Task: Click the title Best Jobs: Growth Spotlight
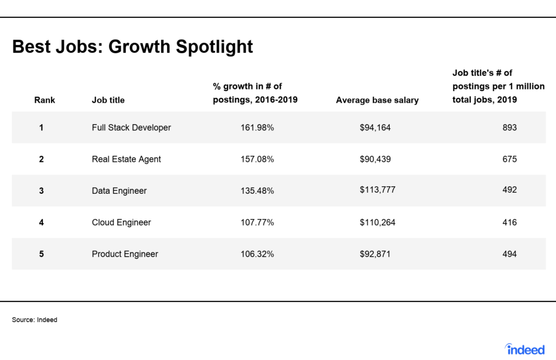click(132, 47)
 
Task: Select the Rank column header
click(45, 100)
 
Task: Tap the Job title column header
click(108, 100)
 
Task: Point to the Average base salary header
click(377, 100)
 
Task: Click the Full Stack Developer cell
click(131, 128)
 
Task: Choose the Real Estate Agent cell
click(126, 159)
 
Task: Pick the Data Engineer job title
click(119, 191)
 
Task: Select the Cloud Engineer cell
click(121, 223)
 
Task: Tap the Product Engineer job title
click(125, 254)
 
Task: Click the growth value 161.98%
click(257, 128)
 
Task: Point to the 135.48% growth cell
click(257, 191)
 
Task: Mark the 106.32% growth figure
click(257, 254)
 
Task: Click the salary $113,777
click(378, 190)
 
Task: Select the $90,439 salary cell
click(375, 159)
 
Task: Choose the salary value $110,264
click(378, 223)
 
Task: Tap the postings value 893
click(509, 128)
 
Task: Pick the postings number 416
click(509, 223)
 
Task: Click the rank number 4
click(41, 223)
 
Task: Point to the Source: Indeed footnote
click(34, 320)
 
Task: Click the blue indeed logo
click(525, 349)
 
